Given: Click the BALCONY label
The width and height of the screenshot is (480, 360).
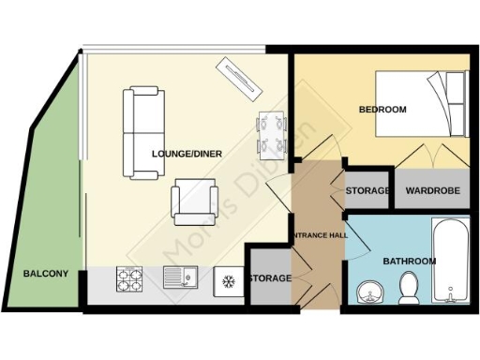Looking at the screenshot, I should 45,274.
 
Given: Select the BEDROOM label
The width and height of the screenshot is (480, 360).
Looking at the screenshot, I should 382,110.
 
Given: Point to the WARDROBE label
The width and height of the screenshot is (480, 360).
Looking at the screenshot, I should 432,191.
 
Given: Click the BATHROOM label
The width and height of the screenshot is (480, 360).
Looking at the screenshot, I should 409,261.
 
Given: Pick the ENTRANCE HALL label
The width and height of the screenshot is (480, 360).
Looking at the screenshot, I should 319,234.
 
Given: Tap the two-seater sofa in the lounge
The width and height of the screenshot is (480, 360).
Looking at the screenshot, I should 143,132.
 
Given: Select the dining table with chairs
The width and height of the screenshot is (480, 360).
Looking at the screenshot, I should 271,132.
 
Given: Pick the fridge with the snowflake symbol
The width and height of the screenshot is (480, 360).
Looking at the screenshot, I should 228,278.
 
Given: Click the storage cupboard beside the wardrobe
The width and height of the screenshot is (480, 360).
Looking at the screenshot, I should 367,191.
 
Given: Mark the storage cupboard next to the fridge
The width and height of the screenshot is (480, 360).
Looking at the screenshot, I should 269,278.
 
